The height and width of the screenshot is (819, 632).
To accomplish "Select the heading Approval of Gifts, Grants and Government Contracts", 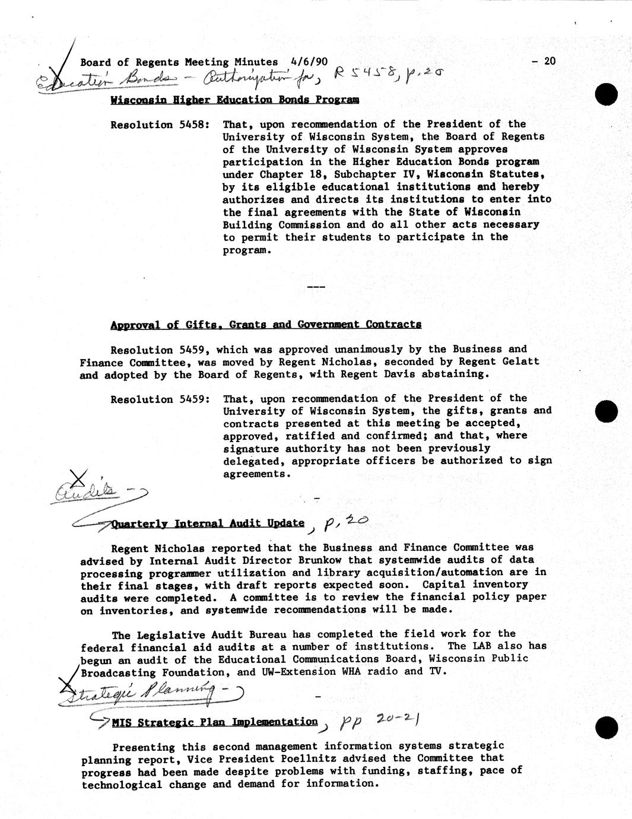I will point(266,325).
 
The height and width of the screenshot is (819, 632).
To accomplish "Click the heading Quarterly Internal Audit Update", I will point(208,523).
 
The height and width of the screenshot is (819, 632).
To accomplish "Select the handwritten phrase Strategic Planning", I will point(136,693).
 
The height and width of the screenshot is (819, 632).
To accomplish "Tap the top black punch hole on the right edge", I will point(607,94).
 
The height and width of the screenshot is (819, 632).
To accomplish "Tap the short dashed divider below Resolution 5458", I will point(316,287).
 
